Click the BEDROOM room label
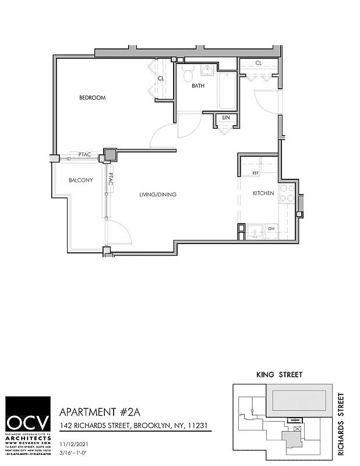pos(92,98)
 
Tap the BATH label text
pos(198,86)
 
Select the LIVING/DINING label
pos(157,195)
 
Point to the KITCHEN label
pos(263,193)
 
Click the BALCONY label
pos(80,180)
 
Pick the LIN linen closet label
pos(225,118)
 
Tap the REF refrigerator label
pos(255,174)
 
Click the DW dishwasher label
pos(271,228)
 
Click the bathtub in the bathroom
pos(227,91)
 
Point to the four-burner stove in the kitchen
pos(287,193)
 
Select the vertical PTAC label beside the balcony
pos(110,180)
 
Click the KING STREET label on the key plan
pos(278,375)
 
